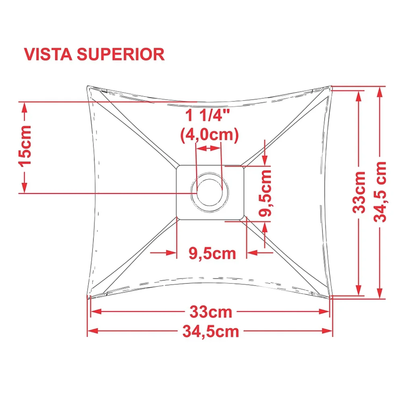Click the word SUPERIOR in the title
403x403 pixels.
tap(121, 54)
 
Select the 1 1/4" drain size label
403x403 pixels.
tap(207, 115)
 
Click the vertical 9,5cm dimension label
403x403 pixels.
tap(265, 193)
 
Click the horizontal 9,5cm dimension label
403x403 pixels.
tap(212, 253)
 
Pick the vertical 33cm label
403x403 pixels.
tap(359, 192)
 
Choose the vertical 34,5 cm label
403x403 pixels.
tap(380, 192)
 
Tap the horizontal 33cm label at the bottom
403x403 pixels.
tap(211, 312)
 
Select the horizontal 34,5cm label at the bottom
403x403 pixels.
tap(211, 332)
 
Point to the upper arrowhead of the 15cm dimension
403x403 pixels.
tap(24, 107)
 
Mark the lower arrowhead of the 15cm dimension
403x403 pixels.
tap(24, 187)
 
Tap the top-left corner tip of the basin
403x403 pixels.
tap(87, 86)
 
